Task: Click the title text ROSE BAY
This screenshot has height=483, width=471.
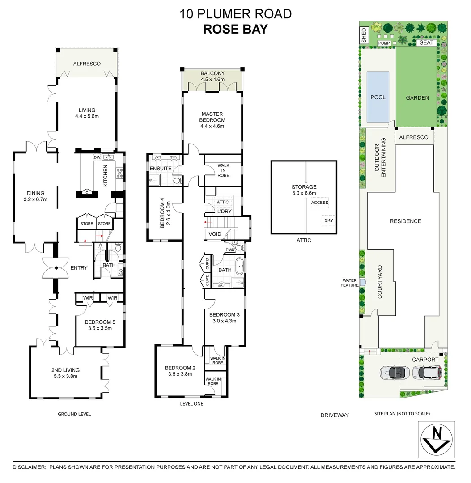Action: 235,29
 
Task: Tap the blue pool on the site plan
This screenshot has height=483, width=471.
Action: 378,97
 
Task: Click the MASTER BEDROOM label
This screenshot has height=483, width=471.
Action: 212,117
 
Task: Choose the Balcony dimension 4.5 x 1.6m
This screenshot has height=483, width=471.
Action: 212,80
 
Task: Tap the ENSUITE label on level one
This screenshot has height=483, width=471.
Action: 161,169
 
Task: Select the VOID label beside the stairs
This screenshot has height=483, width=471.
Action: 215,234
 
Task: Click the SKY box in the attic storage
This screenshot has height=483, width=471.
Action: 329,220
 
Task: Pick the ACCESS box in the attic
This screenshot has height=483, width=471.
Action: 320,203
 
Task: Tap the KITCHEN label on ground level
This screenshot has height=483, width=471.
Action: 106,176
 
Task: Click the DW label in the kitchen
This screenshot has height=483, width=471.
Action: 97,157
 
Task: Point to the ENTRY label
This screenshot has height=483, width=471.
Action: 79,268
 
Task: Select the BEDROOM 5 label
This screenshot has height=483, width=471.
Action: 98,322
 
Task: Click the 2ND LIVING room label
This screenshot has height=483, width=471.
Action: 65,370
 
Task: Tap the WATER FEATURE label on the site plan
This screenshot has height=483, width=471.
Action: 349,283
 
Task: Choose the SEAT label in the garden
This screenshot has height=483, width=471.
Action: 426,43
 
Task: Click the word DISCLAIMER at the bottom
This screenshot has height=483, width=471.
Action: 29,467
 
